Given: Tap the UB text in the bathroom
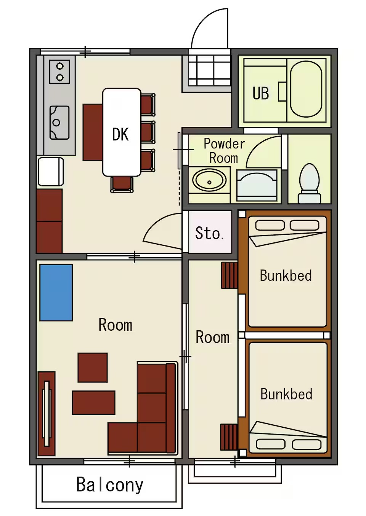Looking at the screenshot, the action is pyautogui.click(x=261, y=93).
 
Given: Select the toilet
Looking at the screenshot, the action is pyautogui.click(x=310, y=183).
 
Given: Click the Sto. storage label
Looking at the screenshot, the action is pyautogui.click(x=210, y=233).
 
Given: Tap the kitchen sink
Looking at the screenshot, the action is pyautogui.click(x=59, y=123).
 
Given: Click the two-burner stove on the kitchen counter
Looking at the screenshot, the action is pyautogui.click(x=59, y=72).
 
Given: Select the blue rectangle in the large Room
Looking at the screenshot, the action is pyautogui.click(x=56, y=292).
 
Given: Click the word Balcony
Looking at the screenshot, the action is pyautogui.click(x=110, y=485).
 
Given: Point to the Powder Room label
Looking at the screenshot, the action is pyautogui.click(x=224, y=151).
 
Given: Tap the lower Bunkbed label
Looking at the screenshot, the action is pyautogui.click(x=286, y=394).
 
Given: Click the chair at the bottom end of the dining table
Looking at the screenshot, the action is pyautogui.click(x=122, y=184).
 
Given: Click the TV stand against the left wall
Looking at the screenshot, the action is pyautogui.click(x=47, y=414).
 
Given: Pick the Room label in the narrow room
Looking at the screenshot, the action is pyautogui.click(x=212, y=337).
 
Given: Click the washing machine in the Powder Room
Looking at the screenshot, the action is pyautogui.click(x=257, y=186).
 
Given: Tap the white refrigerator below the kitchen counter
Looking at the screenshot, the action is pyautogui.click(x=51, y=172).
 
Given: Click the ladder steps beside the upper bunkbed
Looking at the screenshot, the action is pyautogui.click(x=230, y=275).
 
